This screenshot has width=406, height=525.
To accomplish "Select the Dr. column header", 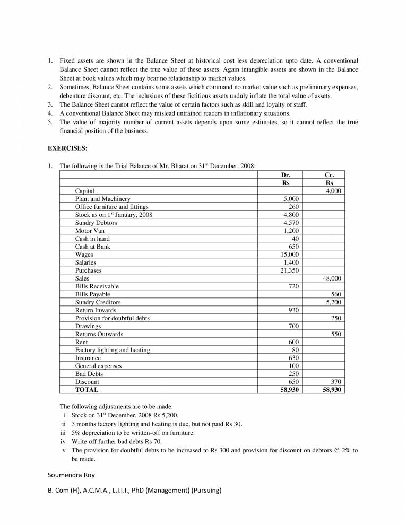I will tap(286, 174).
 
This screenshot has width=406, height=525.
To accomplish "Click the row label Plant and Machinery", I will tap(102, 199).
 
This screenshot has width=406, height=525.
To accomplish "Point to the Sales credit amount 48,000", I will tap(332, 278).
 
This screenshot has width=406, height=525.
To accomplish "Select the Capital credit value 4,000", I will tap(333, 191).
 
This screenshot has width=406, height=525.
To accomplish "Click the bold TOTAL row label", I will tap(87, 389).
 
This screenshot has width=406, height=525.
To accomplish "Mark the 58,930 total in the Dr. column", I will tap(289, 389).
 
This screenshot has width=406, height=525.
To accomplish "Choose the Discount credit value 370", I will tap(335, 382).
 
